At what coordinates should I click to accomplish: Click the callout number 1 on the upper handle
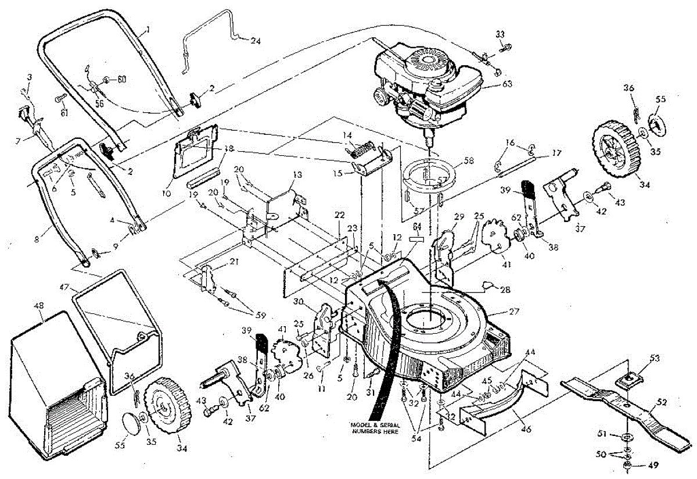pyautogui.click(x=148, y=28)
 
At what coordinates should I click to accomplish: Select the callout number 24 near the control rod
pyautogui.click(x=256, y=41)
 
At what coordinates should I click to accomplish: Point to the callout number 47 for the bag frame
pyautogui.click(x=64, y=287)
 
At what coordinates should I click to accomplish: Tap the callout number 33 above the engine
pyautogui.click(x=500, y=34)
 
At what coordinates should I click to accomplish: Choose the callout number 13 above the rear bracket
pyautogui.click(x=297, y=174)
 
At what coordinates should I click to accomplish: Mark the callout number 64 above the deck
pyautogui.click(x=416, y=226)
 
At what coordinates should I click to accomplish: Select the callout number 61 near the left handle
pyautogui.click(x=63, y=113)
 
